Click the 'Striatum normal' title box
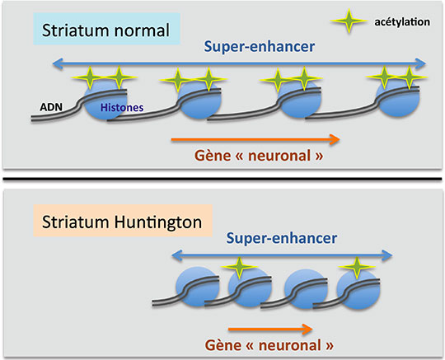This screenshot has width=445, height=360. click(x=106, y=29)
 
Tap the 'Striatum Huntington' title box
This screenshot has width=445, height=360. click(x=123, y=221)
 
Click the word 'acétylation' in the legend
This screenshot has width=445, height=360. click(x=402, y=22)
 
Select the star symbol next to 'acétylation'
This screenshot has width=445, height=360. click(x=349, y=21)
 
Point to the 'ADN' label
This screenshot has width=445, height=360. click(x=51, y=107)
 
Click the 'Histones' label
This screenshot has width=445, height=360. click(x=122, y=108)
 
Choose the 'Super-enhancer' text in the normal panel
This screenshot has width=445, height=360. click(x=260, y=46)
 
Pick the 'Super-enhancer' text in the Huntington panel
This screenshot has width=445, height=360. click(x=282, y=238)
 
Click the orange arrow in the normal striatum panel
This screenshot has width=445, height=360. click(x=255, y=139)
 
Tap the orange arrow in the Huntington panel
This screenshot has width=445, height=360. click(x=270, y=329)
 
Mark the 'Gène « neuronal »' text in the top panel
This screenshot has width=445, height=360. click(x=259, y=156)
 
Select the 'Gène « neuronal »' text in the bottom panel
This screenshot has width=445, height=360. click(x=269, y=345)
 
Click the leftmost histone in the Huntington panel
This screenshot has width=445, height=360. click(x=198, y=287)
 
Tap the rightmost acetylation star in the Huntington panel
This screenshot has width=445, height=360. click(x=357, y=268)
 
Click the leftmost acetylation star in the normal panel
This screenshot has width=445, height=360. click(x=90, y=77)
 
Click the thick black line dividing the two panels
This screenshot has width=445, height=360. click(x=222, y=179)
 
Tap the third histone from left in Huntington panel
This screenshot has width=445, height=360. click(x=306, y=288)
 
